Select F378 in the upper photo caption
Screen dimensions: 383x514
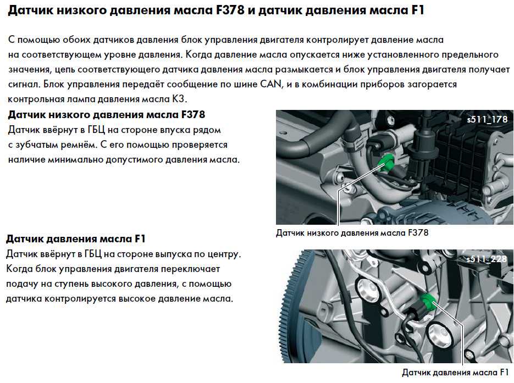[x=418, y=233]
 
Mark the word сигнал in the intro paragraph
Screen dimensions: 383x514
[x=24, y=85]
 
